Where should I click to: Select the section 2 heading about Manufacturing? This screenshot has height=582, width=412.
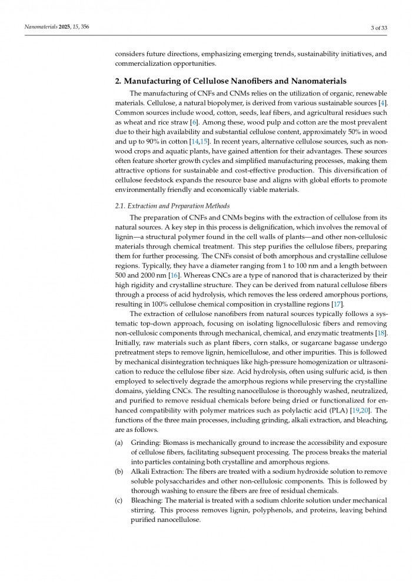[231, 81]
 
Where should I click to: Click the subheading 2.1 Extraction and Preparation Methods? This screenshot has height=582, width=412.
[172, 205]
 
